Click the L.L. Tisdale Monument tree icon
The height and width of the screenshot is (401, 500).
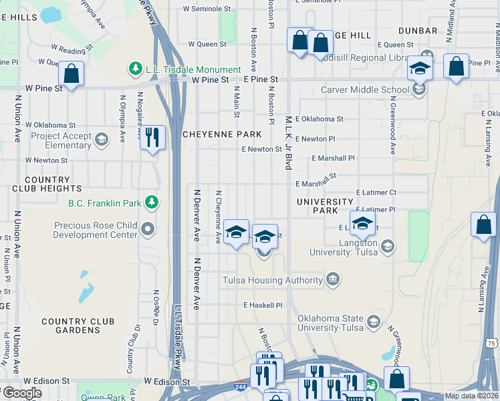(x=135, y=70)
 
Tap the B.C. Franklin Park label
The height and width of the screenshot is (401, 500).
(x=104, y=201)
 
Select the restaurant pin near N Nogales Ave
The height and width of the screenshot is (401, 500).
(x=154, y=138)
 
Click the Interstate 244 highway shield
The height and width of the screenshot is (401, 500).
(x=239, y=387)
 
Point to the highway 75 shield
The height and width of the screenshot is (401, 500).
(x=491, y=342)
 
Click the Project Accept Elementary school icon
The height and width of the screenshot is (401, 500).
(x=102, y=140)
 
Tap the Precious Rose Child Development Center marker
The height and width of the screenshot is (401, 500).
(x=148, y=231)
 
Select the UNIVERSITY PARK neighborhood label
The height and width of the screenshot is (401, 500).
(x=326, y=206)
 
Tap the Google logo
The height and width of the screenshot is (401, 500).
(x=21, y=393)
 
